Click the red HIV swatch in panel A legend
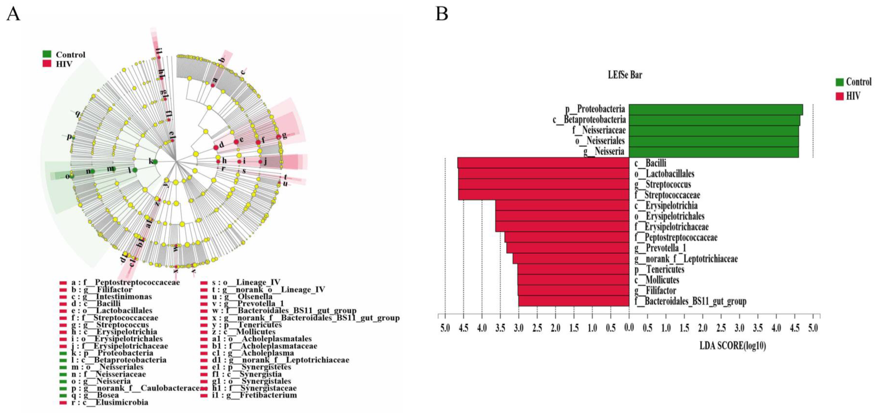[x=47, y=63]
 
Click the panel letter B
[x=442, y=14]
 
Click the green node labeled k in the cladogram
[x=155, y=162]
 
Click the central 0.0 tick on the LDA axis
[x=629, y=328]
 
